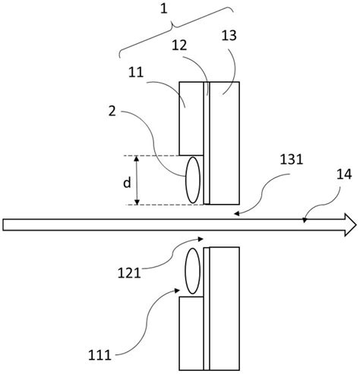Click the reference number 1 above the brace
pyautogui.click(x=164, y=9)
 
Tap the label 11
pyautogui.click(x=136, y=72)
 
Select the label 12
pyautogui.click(x=179, y=46)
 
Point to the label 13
pyautogui.click(x=229, y=36)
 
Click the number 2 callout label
pyautogui.click(x=112, y=111)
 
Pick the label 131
pyautogui.click(x=292, y=159)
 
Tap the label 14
pyautogui.click(x=344, y=174)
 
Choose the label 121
pyautogui.click(x=129, y=273)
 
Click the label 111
pyautogui.click(x=99, y=355)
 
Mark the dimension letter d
pyautogui.click(x=127, y=182)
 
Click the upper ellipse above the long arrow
pyautogui.click(x=193, y=180)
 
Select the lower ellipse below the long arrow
pyautogui.click(x=193, y=271)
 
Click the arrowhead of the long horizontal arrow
pyautogui.click(x=350, y=225)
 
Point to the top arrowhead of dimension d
pyautogui.click(x=137, y=158)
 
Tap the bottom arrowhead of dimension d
pyautogui.click(x=137, y=202)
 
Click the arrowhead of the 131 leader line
pyautogui.click(x=236, y=214)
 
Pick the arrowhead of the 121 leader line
pyautogui.click(x=201, y=239)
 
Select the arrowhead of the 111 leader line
pyautogui.click(x=176, y=291)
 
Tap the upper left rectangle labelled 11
pyautogui.click(x=191, y=118)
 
